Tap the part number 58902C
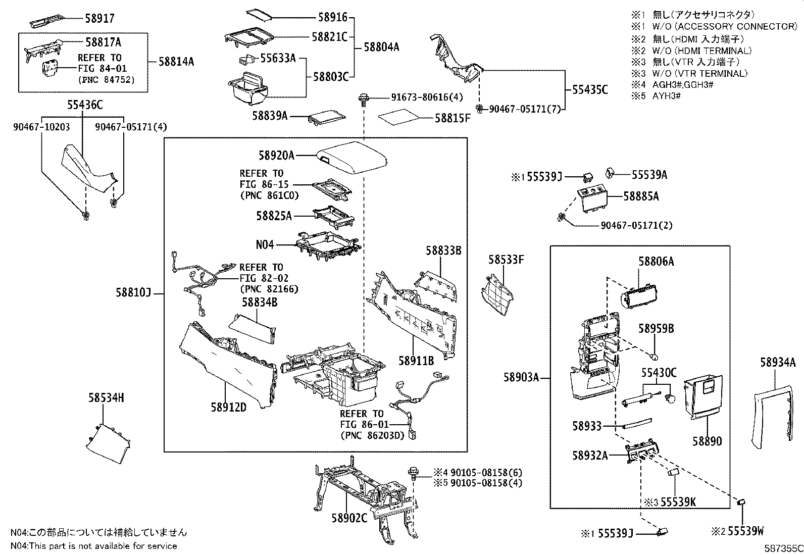(349, 518)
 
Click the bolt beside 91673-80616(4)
(363, 97)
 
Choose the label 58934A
(778, 362)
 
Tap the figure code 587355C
(783, 548)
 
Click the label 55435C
(590, 90)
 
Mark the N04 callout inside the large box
(265, 245)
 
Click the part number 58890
(707, 441)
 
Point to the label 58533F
(506, 260)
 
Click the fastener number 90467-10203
(41, 128)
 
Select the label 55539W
(743, 531)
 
